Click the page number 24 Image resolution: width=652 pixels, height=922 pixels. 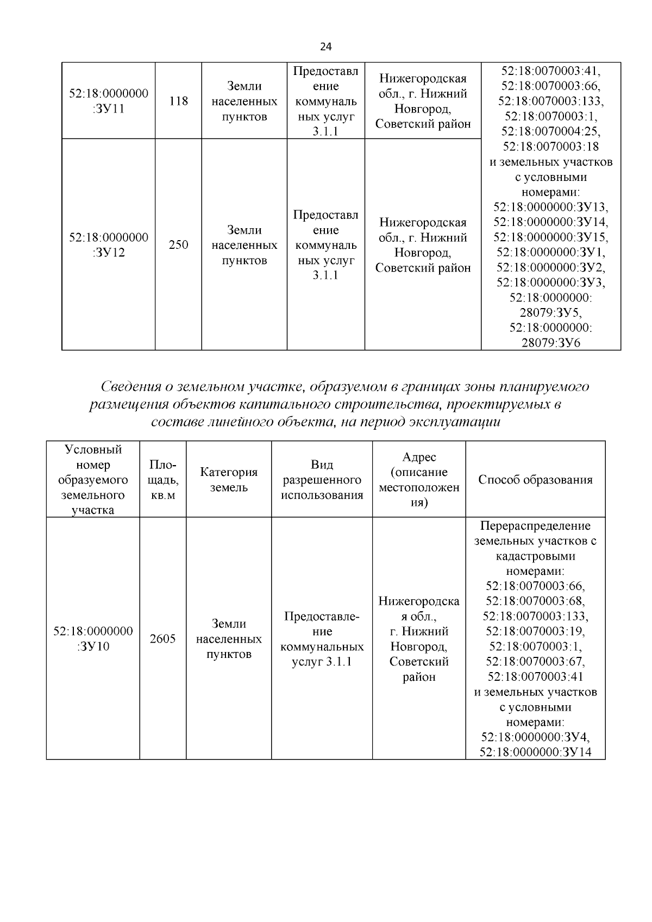(x=325, y=46)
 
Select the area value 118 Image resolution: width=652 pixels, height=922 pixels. (x=178, y=101)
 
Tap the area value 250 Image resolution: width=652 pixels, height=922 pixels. (x=178, y=245)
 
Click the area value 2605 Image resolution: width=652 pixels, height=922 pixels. (x=162, y=639)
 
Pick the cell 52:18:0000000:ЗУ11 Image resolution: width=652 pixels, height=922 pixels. (x=108, y=101)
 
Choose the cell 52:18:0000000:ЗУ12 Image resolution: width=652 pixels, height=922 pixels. (x=108, y=245)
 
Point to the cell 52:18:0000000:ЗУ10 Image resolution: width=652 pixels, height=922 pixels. (x=93, y=639)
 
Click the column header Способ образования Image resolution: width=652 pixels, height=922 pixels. (x=535, y=480)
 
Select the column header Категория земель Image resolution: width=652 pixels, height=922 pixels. (x=229, y=480)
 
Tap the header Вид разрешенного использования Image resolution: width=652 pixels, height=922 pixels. (x=322, y=480)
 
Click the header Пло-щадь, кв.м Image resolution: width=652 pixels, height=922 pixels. (x=162, y=480)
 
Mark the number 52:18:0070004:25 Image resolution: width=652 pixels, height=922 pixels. (x=550, y=131)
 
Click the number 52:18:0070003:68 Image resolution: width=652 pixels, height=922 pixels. (x=535, y=601)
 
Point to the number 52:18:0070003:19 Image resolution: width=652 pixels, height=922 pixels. (x=535, y=631)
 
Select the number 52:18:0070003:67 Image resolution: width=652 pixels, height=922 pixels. (x=535, y=662)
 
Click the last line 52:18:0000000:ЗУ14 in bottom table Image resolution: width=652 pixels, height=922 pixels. (x=535, y=752)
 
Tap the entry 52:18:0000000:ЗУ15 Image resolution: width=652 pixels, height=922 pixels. (x=550, y=237)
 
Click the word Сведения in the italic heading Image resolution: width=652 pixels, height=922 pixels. (x=130, y=387)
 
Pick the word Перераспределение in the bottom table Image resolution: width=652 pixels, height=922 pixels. (x=535, y=526)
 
